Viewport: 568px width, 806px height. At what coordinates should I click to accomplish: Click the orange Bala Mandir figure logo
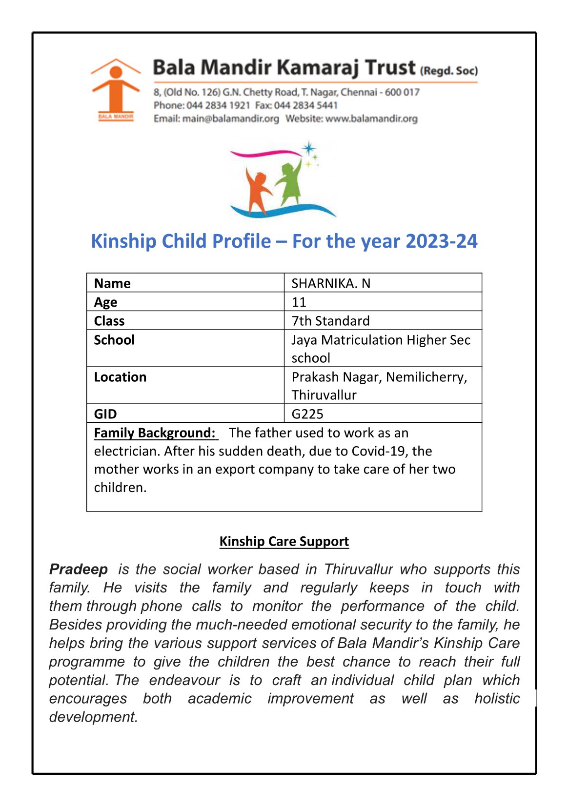(x=116, y=88)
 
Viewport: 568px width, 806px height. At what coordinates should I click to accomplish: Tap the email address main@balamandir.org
(x=230, y=118)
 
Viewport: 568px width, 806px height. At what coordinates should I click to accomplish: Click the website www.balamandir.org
(x=371, y=118)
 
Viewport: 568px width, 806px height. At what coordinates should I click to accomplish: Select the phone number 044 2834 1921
(x=218, y=105)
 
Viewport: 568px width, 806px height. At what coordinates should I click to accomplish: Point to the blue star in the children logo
(x=308, y=148)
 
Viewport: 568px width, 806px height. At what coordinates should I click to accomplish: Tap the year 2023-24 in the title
(x=442, y=241)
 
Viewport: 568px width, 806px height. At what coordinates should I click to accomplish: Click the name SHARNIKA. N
(x=331, y=283)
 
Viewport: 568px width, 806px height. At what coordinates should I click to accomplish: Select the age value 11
(x=299, y=302)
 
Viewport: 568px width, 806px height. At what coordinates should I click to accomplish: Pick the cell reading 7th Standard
(x=330, y=321)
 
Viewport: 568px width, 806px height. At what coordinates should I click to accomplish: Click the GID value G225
(x=307, y=414)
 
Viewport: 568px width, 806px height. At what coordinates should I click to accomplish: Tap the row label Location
(x=120, y=377)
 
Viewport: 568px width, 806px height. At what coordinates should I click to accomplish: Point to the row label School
(x=114, y=340)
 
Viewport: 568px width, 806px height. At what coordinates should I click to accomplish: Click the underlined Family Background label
(x=155, y=433)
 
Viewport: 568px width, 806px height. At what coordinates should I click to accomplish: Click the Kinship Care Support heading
(x=284, y=541)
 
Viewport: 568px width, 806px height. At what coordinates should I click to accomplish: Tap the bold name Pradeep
(x=79, y=569)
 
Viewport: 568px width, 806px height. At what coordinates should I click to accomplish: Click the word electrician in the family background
(x=125, y=451)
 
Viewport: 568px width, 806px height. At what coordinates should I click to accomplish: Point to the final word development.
(x=93, y=717)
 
